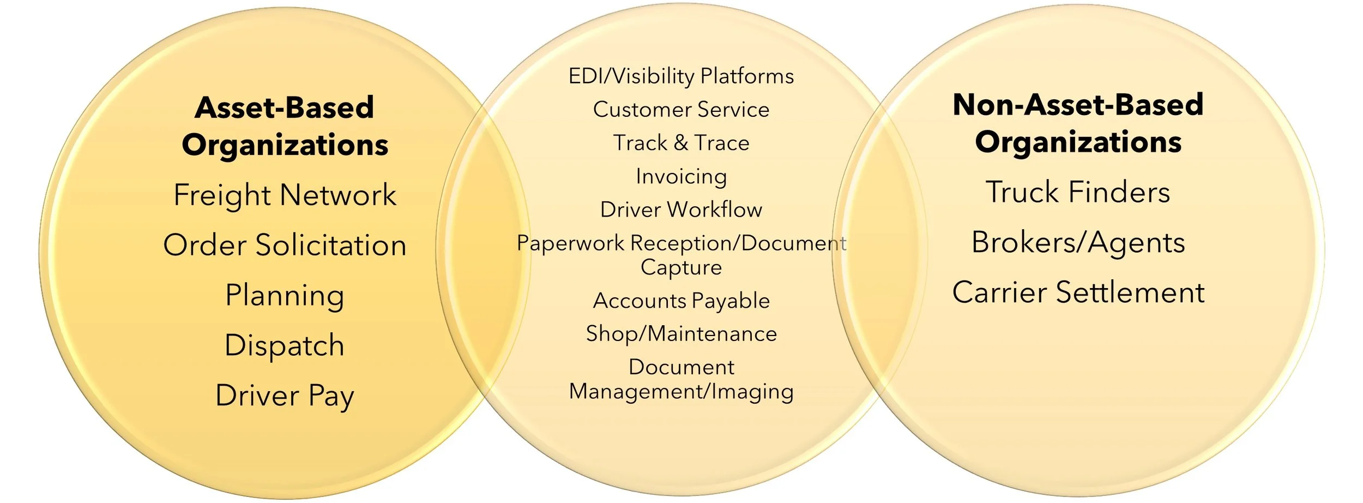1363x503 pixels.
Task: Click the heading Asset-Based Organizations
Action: coord(285,126)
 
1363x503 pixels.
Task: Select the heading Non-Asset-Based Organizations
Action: coord(1078,123)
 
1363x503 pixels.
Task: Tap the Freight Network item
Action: coord(285,195)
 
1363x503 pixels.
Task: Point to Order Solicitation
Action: coord(285,245)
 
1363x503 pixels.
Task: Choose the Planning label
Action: coord(285,296)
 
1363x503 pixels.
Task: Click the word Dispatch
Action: coord(285,346)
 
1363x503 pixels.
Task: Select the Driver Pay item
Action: coord(285,396)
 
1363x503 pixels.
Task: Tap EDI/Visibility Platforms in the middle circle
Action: coord(681,76)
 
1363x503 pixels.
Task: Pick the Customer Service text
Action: coord(681,110)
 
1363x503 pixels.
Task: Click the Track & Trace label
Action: coord(681,143)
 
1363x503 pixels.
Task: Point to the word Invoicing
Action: coord(681,177)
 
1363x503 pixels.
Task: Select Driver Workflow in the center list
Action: coord(681,209)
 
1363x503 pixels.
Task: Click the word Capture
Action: coord(681,267)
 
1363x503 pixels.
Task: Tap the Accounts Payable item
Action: coord(681,301)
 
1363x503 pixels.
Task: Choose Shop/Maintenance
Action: coord(681,334)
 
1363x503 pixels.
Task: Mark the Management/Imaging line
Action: coord(681,392)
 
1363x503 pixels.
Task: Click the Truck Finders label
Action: coord(1078,192)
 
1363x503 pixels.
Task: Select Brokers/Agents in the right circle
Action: coord(1078,242)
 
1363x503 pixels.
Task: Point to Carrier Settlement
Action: coord(1078,292)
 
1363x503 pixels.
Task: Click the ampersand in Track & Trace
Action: coord(680,143)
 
